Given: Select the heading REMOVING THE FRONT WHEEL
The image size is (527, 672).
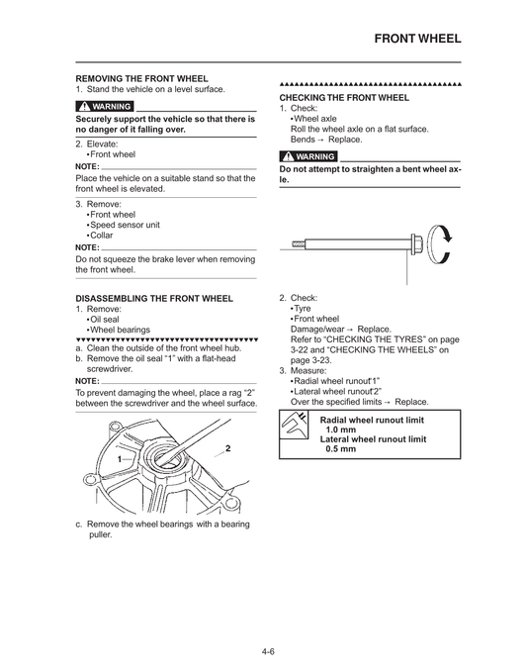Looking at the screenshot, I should click(142, 78).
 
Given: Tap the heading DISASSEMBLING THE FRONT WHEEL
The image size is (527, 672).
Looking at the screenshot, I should click(154, 298).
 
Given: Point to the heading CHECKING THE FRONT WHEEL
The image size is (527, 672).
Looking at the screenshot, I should click(343, 99).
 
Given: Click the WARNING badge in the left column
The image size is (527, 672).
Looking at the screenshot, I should click(105, 106).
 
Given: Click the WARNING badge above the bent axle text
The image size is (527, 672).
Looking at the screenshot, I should click(308, 157).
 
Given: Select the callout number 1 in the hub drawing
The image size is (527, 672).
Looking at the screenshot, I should click(119, 460).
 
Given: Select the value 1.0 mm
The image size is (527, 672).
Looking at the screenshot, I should click(341, 430).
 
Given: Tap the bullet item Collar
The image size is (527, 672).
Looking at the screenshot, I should click(101, 236).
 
